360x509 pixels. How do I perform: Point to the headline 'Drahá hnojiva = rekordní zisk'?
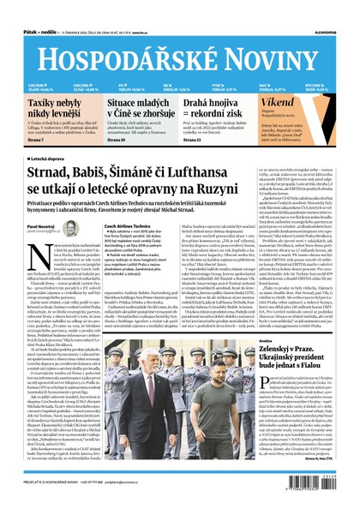pos(215,107)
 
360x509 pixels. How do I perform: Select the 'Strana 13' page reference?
pos(194,139)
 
